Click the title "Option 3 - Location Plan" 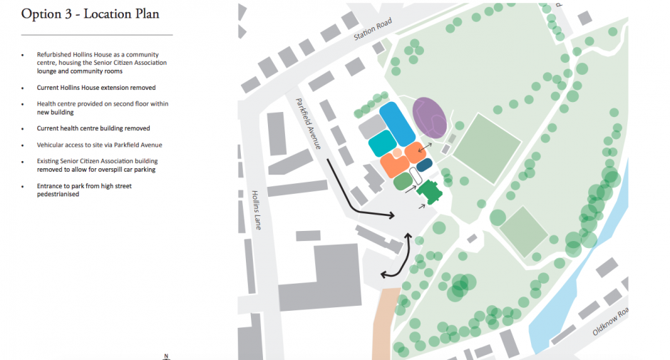(x=91, y=14)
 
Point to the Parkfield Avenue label (x=307, y=123)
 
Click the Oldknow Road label (x=611, y=322)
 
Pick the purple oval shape (x=430, y=117)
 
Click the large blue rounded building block (x=397, y=123)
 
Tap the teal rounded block (x=383, y=143)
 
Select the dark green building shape (x=430, y=191)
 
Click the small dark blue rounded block (x=423, y=165)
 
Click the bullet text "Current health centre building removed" (x=93, y=128)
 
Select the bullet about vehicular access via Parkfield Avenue (x=99, y=145)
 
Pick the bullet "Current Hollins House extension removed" (x=96, y=88)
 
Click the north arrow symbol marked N (x=165, y=356)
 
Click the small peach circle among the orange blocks (x=397, y=153)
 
